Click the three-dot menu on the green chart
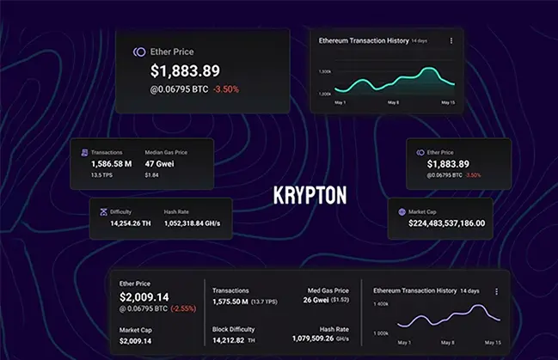coord(451,40)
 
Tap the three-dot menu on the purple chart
coord(496,291)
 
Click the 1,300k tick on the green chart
coord(325,71)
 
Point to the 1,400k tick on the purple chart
coord(381,305)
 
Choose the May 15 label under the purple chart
coord(491,342)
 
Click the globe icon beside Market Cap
coord(402,211)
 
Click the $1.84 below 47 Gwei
coord(151,174)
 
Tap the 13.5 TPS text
coord(103,174)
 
